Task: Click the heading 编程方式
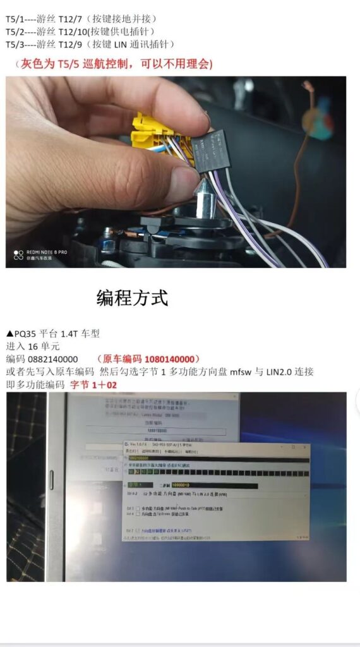(x=132, y=298)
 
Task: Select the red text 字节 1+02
(x=93, y=384)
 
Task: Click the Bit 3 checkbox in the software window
(x=138, y=509)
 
